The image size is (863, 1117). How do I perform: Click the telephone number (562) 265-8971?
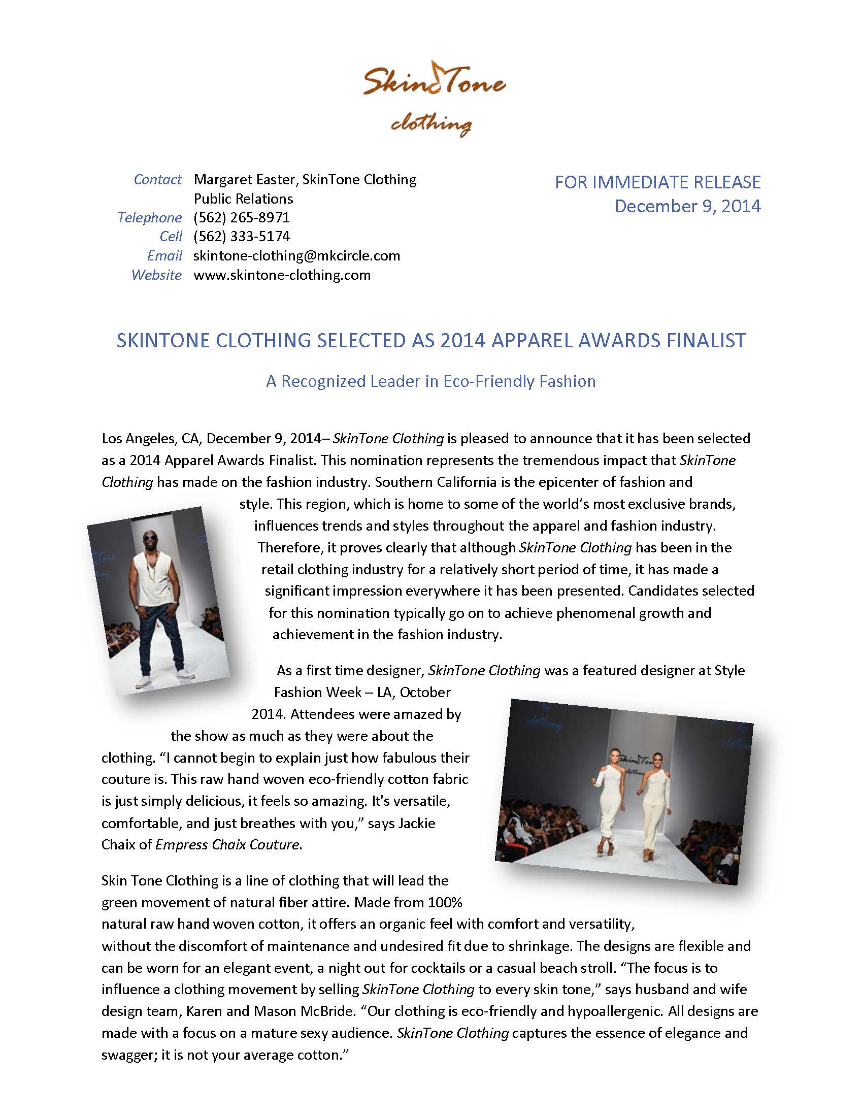pyautogui.click(x=241, y=217)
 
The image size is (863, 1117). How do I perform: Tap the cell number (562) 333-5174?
pyautogui.click(x=241, y=236)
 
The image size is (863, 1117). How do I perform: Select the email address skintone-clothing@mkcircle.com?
pyautogui.click(x=296, y=256)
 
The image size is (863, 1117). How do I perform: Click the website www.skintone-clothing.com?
pyautogui.click(x=282, y=275)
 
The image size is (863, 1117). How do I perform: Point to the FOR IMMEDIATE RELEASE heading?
pyautogui.click(x=657, y=182)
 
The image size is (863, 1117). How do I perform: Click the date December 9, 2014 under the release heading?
pyautogui.click(x=687, y=206)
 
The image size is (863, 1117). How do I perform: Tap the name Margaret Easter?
pyautogui.click(x=244, y=180)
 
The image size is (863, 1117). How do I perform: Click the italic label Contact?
pyautogui.click(x=157, y=180)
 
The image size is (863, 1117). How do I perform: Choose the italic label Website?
pyautogui.click(x=156, y=275)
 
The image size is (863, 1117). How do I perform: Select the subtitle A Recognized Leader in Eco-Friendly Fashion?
pyautogui.click(x=430, y=381)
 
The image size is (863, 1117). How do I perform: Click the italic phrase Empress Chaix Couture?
pyautogui.click(x=227, y=844)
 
